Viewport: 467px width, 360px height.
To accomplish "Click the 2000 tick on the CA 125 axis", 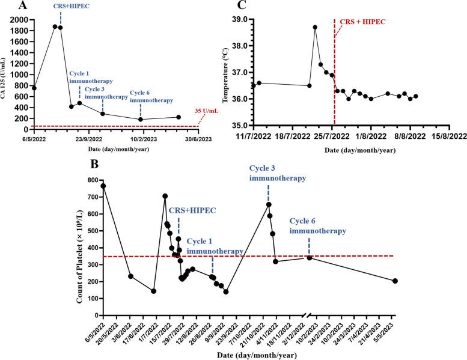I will [21, 19].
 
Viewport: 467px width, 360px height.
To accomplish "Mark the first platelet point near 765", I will [103, 186].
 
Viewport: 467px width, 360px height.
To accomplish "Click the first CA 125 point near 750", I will [34, 88].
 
